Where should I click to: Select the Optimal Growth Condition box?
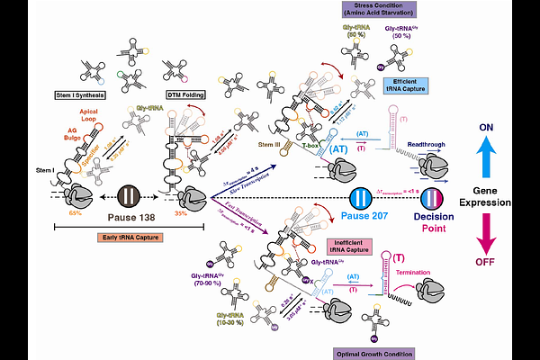373,353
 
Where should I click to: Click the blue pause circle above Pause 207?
362,198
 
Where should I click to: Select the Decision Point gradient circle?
435,197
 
